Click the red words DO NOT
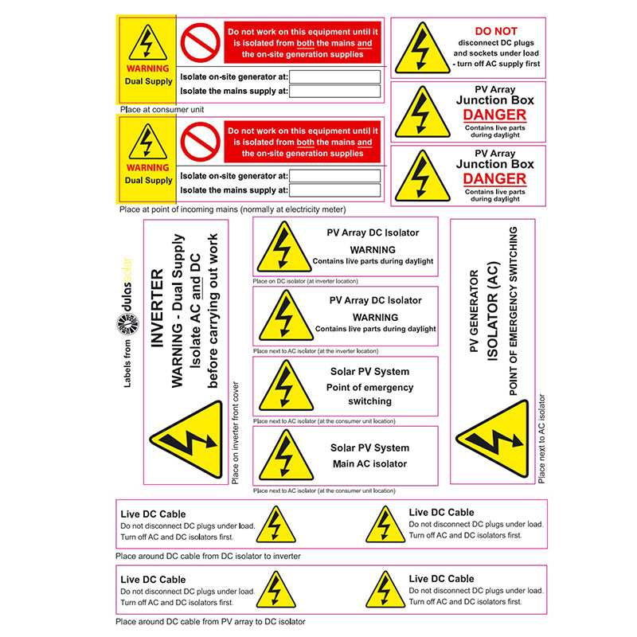496,31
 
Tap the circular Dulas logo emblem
128,325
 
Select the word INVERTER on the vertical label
157,307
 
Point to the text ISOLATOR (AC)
492,311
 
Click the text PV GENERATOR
474,311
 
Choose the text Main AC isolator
369,464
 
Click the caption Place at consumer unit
162,110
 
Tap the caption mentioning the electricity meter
233,209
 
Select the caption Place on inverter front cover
235,432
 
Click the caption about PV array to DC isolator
210,622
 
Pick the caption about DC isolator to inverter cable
208,556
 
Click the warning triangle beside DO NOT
423,49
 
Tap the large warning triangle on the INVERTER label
188,440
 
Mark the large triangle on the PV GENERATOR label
494,439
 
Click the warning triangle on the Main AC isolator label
286,455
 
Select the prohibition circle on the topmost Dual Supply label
201,43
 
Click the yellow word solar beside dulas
127,270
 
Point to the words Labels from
127,364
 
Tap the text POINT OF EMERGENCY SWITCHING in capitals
513,311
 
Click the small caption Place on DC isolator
305,281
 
